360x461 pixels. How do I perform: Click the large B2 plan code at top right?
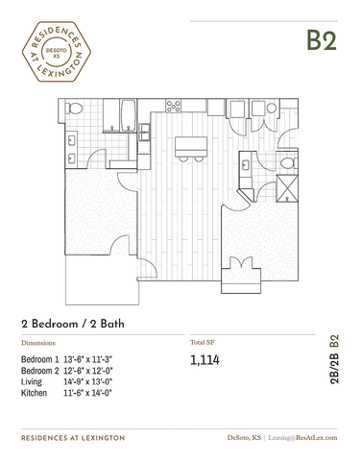coord(322,40)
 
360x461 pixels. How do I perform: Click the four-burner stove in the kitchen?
coord(173,106)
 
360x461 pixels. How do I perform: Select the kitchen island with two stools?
coord(191,149)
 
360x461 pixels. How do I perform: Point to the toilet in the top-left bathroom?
coord(74,109)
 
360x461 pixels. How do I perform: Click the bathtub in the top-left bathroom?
coord(129,115)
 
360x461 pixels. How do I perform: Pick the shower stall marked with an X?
coord(287,188)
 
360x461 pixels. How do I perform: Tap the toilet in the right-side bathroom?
coord(289,163)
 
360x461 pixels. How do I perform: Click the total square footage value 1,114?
coord(204,360)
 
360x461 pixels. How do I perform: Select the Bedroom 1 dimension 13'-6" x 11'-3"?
coord(88,359)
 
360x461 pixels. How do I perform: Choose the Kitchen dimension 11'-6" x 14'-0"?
coord(87,393)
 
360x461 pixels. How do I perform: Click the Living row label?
coord(32,382)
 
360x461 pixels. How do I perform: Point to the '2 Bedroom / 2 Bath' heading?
coord(73,324)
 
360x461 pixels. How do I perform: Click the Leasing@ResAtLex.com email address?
coord(302,438)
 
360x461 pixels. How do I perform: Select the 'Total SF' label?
coord(203,342)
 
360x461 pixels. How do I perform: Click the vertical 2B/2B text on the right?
coord(333,368)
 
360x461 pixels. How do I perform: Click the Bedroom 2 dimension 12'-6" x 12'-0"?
coord(88,371)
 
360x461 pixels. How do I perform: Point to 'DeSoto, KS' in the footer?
coord(244,438)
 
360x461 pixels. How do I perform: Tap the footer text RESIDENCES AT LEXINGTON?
coord(73,438)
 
